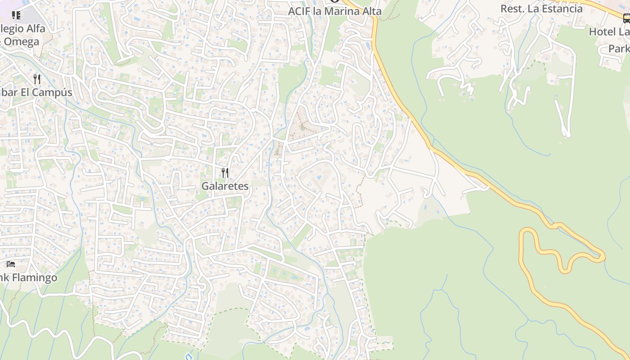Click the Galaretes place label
tap(225, 186)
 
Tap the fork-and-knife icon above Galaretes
tap(225, 172)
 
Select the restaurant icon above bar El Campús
tap(37, 80)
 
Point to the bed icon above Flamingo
tap(11, 264)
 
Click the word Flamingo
tap(35, 278)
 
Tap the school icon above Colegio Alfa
tap(16, 16)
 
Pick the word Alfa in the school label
tap(35, 29)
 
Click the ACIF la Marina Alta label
tap(335, 11)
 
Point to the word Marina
tap(340, 11)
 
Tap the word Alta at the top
tap(370, 11)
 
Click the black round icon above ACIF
tap(334, 1)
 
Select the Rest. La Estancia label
tap(541, 9)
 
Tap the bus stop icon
tap(626, 18)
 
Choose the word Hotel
tap(603, 32)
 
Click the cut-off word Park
tap(620, 49)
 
